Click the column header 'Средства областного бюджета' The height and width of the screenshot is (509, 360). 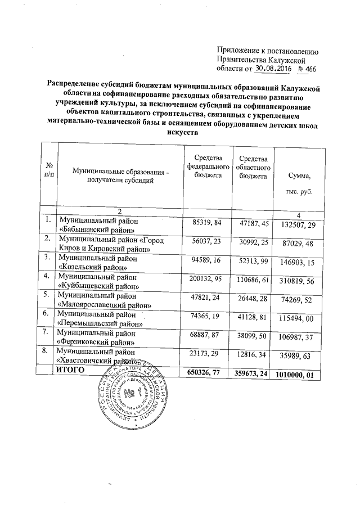tap(254, 168)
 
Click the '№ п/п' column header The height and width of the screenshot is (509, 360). tap(49, 170)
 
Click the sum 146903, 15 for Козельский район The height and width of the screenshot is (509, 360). tap(299, 263)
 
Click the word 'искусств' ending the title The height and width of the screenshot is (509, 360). tap(183, 133)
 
